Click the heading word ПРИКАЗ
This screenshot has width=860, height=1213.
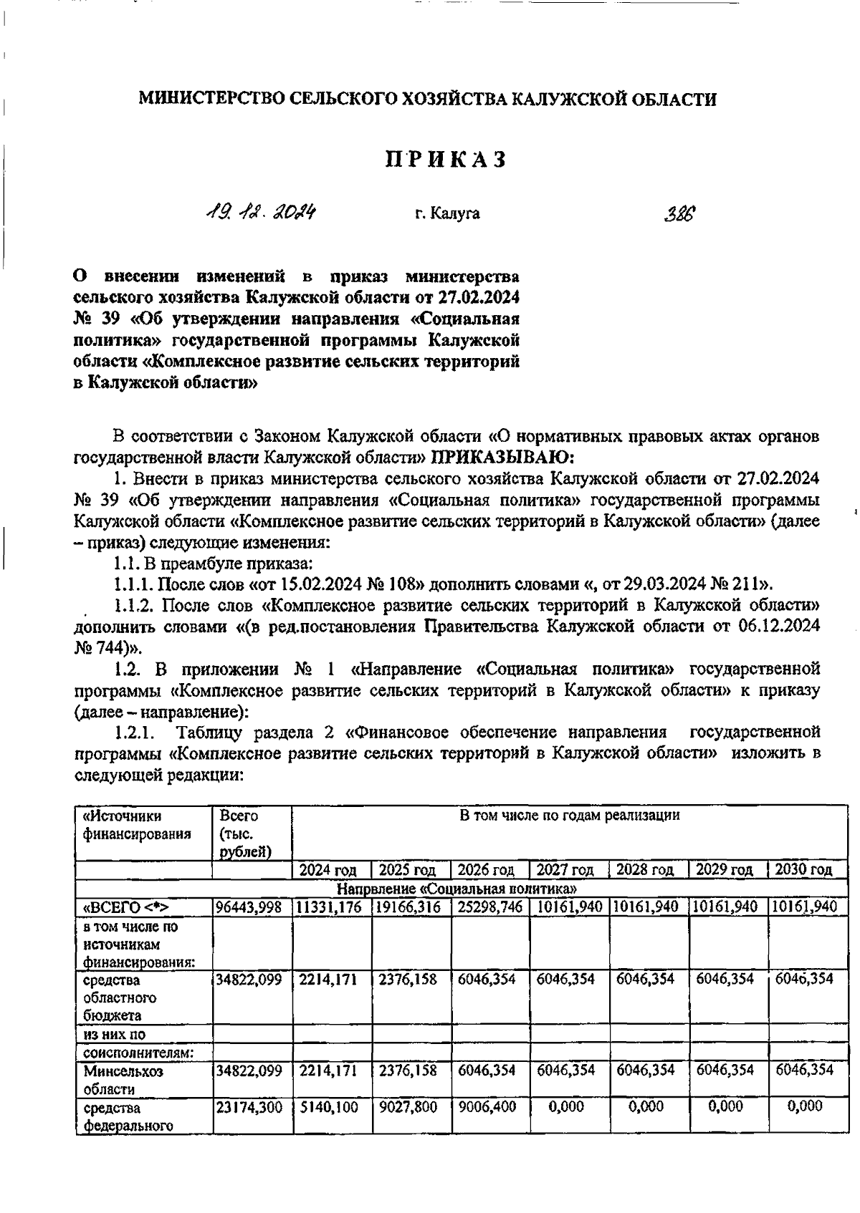[x=446, y=159]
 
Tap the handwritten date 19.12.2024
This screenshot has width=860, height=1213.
[x=262, y=213]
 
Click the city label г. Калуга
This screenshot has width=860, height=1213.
[x=447, y=213]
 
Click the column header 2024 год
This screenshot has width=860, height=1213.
[x=328, y=870]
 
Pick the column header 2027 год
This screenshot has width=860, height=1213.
[x=565, y=870]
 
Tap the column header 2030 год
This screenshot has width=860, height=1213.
[x=804, y=870]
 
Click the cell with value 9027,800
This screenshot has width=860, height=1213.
[x=408, y=1107]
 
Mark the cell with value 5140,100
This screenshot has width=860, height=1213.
[x=329, y=1107]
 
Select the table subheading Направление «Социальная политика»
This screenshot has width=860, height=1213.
[x=458, y=889]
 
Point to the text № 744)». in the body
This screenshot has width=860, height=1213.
[x=108, y=648]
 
